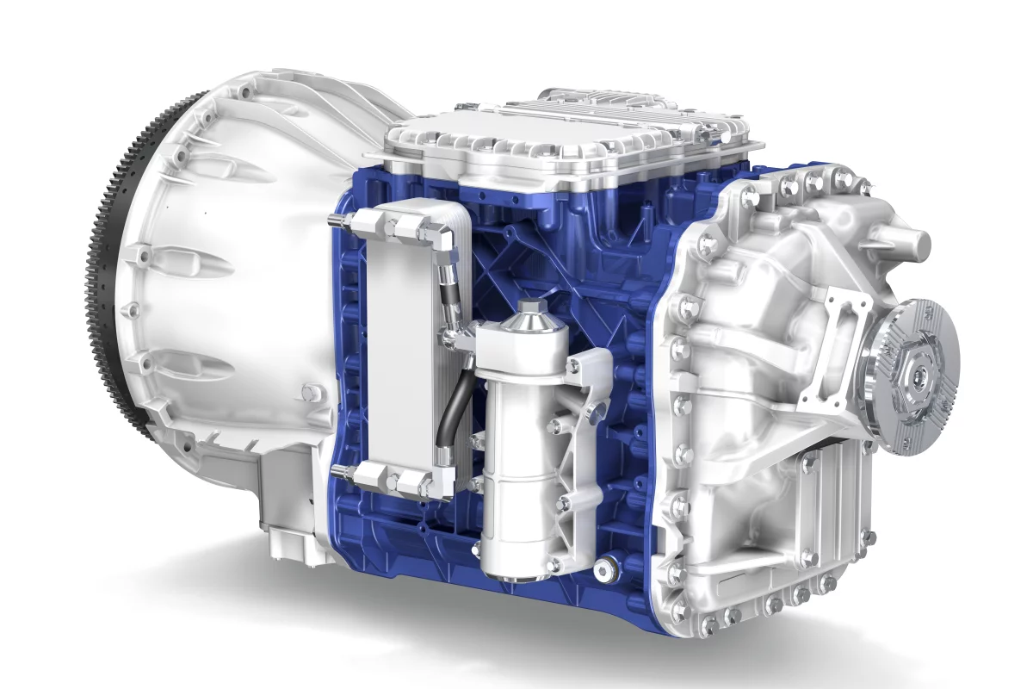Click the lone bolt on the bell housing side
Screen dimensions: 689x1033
[x=307, y=394]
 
